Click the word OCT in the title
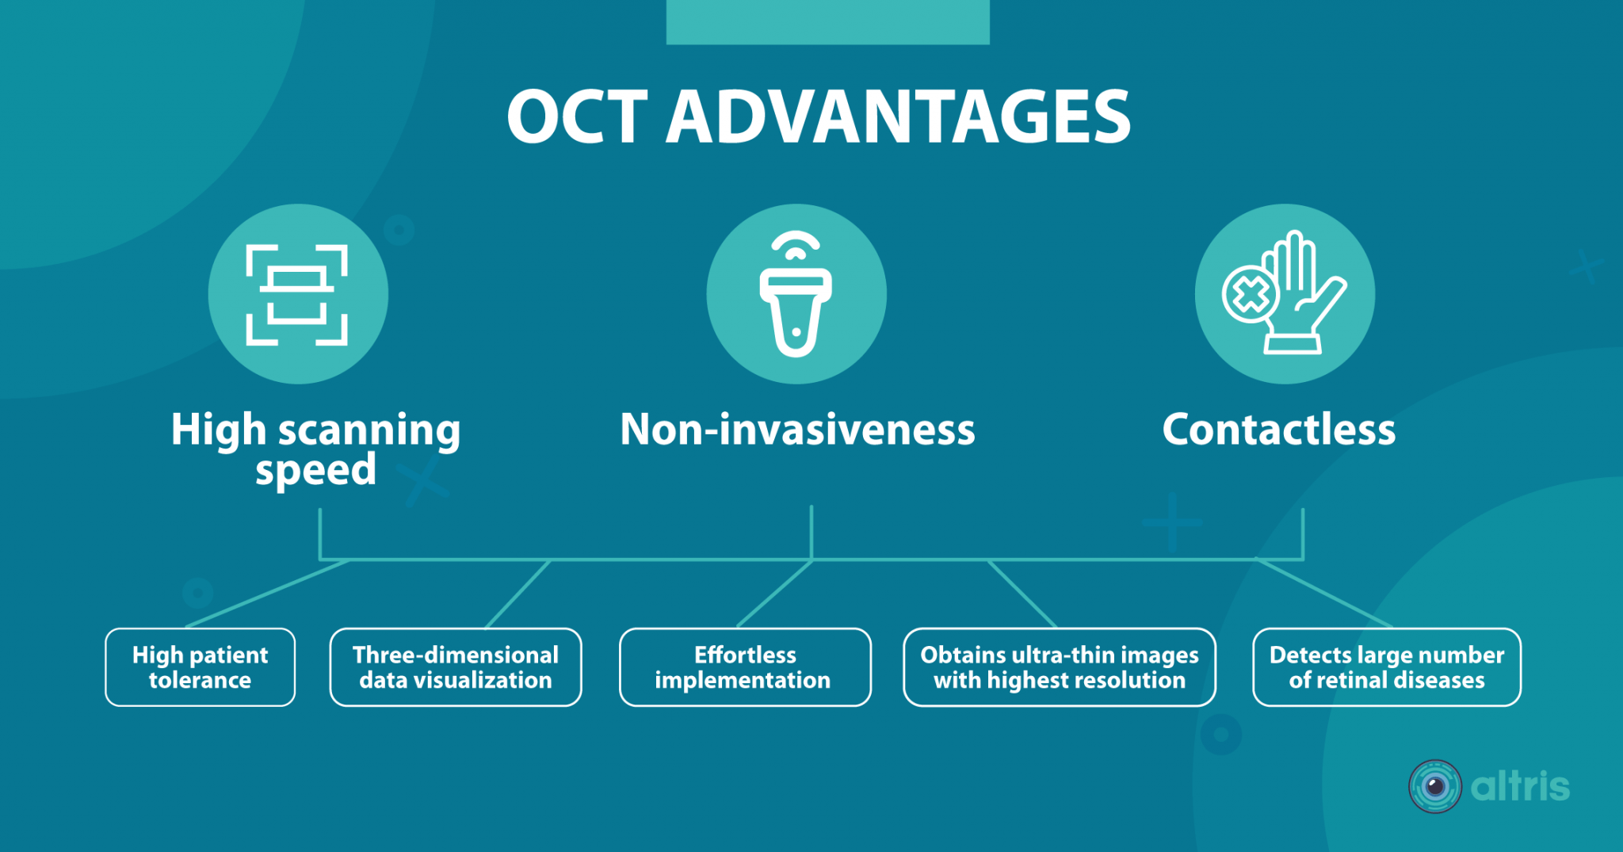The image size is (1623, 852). point(578,117)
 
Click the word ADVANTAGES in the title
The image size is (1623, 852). point(898,117)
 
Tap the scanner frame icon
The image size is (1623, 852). point(297,295)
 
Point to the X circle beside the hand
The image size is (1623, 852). point(1250,295)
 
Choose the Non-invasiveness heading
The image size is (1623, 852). point(796,430)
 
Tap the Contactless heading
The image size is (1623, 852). point(1278,430)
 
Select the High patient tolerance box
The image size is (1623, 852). point(200,667)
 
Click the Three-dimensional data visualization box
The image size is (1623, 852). point(455,667)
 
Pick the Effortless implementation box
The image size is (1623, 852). point(744,667)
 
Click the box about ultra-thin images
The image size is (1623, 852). point(1059,667)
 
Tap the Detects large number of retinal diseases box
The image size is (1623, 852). point(1386,667)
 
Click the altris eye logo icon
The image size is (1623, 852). point(1434,786)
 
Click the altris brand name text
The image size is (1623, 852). point(1519,786)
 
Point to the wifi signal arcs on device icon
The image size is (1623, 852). point(796,245)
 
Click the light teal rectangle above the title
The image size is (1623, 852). point(827,21)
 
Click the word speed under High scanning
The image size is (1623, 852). point(315,470)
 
